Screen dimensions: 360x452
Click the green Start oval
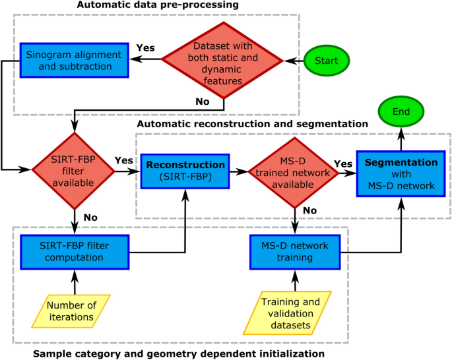click(x=327, y=61)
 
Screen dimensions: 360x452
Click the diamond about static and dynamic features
click(x=225, y=60)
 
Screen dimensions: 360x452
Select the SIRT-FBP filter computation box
click(x=74, y=251)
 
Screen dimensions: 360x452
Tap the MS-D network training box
click(x=294, y=251)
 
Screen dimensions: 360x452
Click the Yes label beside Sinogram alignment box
click(x=145, y=49)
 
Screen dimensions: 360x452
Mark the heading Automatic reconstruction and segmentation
click(x=252, y=123)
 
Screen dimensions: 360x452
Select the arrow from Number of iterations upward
click(x=74, y=282)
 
